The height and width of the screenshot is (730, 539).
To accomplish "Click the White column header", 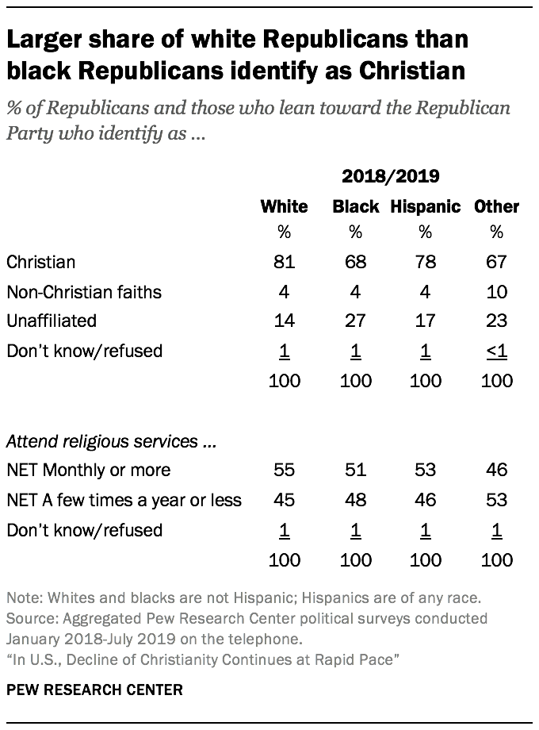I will pos(284,207).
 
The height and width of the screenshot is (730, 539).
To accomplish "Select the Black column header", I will pos(355,207).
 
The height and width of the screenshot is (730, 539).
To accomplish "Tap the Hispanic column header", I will pos(426,207).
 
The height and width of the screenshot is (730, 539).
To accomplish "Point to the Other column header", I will pos(496,207).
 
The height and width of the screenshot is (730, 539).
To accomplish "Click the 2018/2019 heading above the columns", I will pos(390,176).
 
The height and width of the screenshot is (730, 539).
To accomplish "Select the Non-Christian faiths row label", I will pos(83,291).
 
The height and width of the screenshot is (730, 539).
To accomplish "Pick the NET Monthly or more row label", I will pos(88,470).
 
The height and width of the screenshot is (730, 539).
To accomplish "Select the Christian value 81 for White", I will pos(284,262).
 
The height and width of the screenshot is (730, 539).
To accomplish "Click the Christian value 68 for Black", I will pos(355,262).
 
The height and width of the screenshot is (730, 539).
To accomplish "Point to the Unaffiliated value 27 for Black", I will pos(355,321).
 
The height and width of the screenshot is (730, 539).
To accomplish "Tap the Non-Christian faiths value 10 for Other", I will pos(496,291).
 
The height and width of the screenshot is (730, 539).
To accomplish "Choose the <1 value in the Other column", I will pos(496,350).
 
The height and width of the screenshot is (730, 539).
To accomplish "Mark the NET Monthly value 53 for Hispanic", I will pos(426,470).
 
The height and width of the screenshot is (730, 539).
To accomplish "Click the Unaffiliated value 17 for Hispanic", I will pos(426,321).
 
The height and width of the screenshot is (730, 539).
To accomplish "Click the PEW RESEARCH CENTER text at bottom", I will pos(94,690).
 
